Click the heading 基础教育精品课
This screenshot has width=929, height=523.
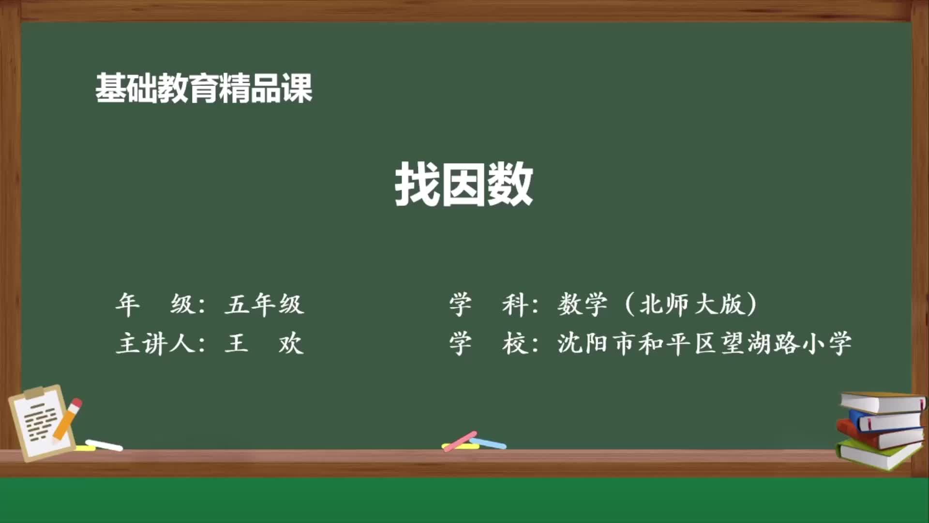coord(204,89)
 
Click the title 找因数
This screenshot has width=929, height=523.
coord(464,185)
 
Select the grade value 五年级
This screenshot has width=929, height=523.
coord(264,305)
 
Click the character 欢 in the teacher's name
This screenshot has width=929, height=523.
coord(291,344)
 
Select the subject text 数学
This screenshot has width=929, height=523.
coord(582,305)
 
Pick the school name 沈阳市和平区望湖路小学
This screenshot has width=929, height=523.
coord(704,344)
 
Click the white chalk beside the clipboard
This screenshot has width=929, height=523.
coord(104,445)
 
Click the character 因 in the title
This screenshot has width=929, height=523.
coord(464,185)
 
